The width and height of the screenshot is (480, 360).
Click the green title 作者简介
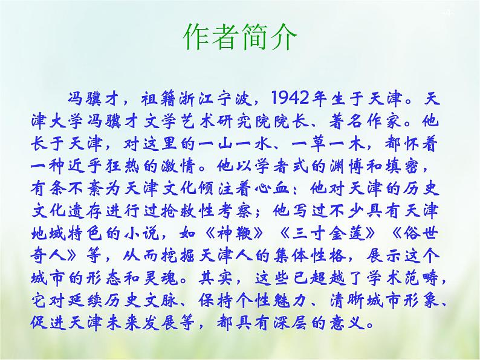[240, 37]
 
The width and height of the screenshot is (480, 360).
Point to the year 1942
[290, 98]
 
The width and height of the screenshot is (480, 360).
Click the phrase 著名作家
[365, 121]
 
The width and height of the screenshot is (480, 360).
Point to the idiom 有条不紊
[66, 188]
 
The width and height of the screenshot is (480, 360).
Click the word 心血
[272, 188]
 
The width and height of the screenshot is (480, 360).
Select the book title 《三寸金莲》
[327, 234]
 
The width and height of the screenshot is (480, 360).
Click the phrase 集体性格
[309, 256]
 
